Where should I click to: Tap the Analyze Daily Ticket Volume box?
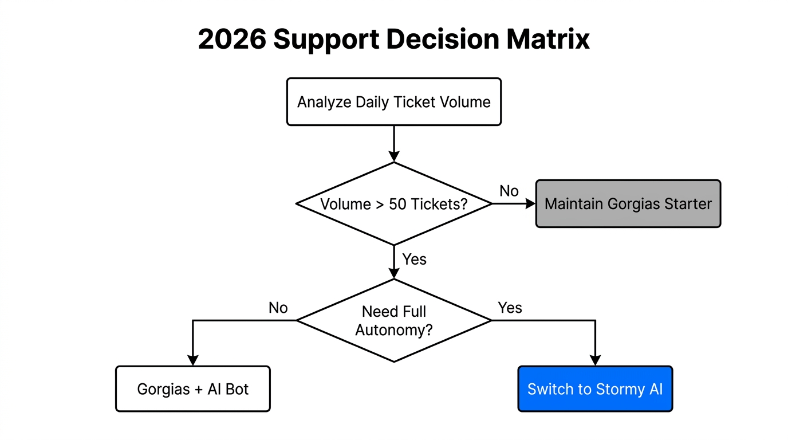click(x=393, y=102)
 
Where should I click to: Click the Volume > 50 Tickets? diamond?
click(x=393, y=204)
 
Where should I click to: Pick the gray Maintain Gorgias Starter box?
click(x=628, y=204)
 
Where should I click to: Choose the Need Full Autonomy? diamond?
click(x=393, y=320)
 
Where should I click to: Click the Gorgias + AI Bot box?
click(x=192, y=389)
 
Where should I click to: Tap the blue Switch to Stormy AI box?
click(x=595, y=389)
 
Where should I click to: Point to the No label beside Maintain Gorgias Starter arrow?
click(x=509, y=191)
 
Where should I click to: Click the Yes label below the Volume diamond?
click(x=414, y=260)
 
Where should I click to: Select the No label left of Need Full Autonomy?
click(x=278, y=308)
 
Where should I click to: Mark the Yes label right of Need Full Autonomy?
click(x=510, y=308)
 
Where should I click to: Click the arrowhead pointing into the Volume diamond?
click(x=393, y=156)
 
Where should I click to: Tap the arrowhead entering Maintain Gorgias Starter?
click(x=530, y=204)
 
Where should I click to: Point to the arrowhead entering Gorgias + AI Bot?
click(x=192, y=360)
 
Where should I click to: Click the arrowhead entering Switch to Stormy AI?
click(x=595, y=360)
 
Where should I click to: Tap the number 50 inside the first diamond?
click(x=397, y=204)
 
